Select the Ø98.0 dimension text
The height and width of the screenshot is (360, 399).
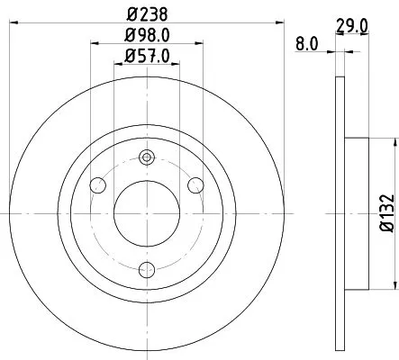(145, 37)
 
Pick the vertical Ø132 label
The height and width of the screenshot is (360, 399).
(384, 212)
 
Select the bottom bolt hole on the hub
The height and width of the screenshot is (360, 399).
(146, 267)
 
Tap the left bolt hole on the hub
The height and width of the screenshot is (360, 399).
(99, 185)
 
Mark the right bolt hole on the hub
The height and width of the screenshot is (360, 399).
(193, 185)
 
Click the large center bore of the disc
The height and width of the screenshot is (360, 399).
(146, 213)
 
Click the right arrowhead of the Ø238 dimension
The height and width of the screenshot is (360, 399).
(277, 23)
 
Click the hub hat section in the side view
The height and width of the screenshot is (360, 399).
(357, 213)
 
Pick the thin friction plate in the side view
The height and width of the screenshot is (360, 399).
(340, 213)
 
